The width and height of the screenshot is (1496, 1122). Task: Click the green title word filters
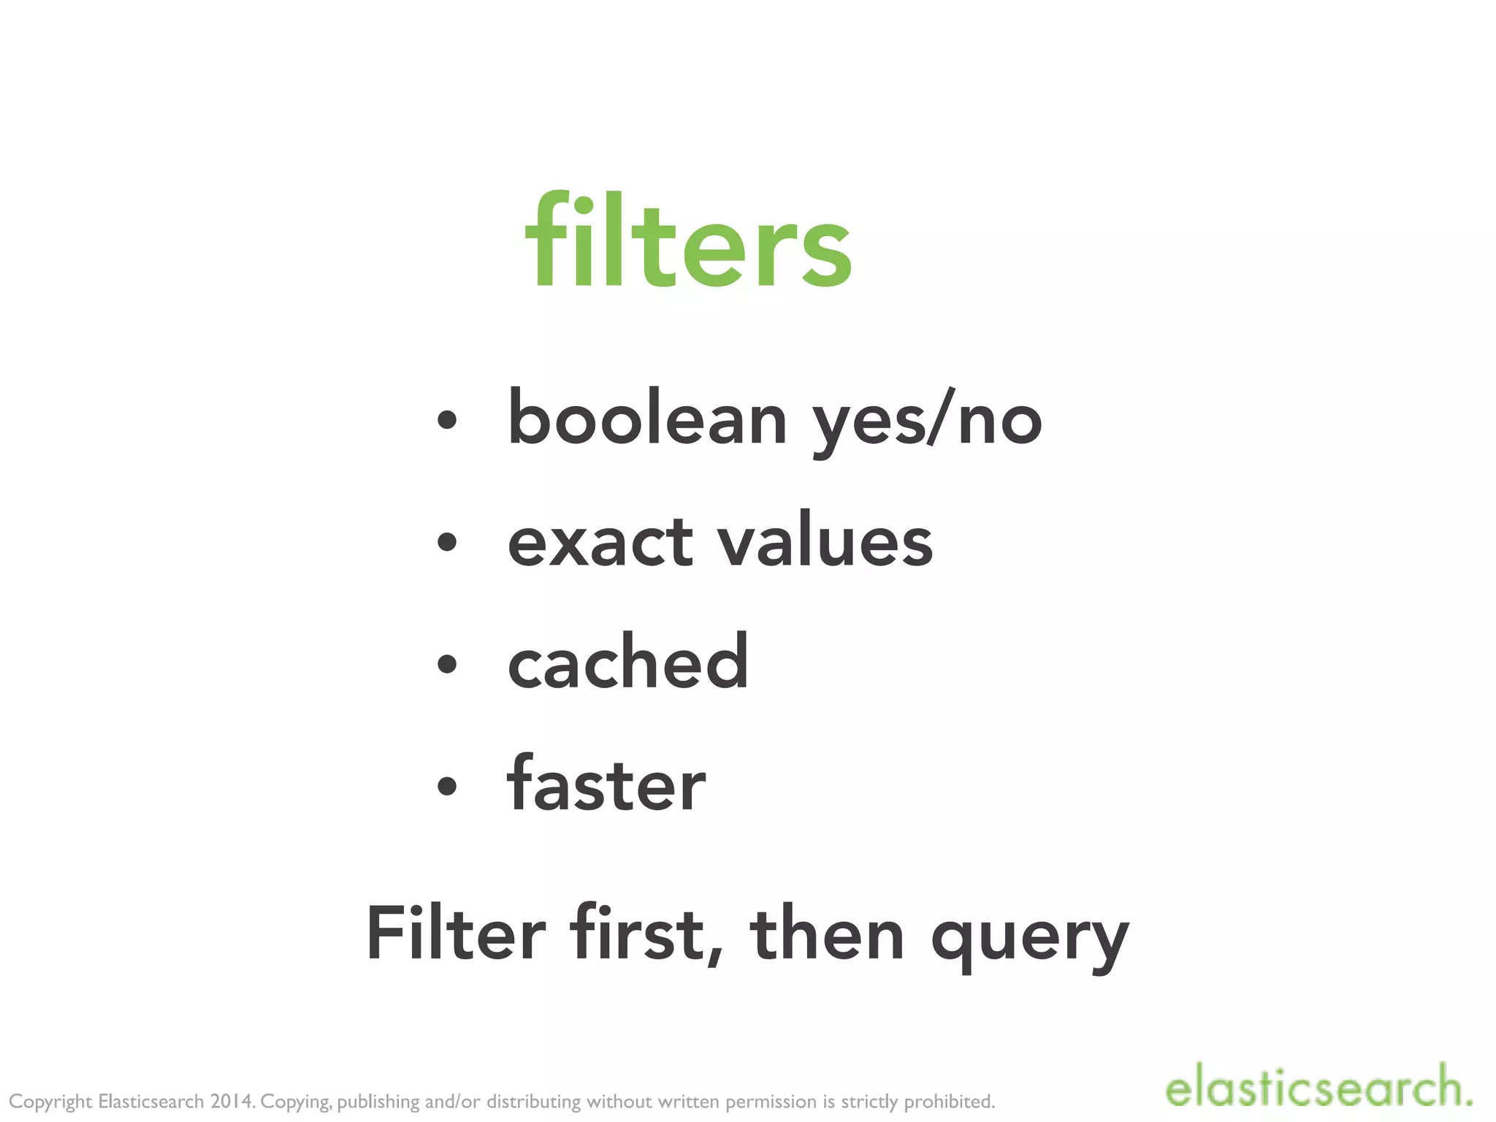point(688,241)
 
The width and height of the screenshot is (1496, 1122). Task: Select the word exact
point(600,542)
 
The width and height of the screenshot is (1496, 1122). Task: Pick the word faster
point(606,784)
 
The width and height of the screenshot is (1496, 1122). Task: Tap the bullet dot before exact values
point(446,543)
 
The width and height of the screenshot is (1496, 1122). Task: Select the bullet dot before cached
point(446,664)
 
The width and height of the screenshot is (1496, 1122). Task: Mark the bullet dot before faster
point(446,786)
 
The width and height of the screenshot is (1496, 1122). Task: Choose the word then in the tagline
point(827,934)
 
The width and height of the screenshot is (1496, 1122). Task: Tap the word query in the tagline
point(1030,939)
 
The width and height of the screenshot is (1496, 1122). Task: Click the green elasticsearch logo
point(1318,1088)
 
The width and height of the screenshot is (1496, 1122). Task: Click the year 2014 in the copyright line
point(232,1102)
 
